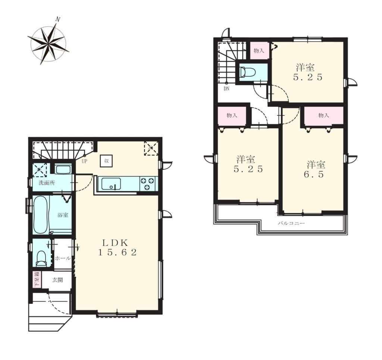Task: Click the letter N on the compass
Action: pyautogui.click(x=58, y=19)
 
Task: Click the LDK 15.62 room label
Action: pyautogui.click(x=117, y=247)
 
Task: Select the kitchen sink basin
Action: pyautogui.click(x=111, y=183)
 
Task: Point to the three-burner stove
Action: pyautogui.click(x=147, y=184)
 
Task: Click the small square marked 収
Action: pyautogui.click(x=106, y=161)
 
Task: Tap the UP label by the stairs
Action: pyautogui.click(x=84, y=161)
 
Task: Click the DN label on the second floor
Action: pyautogui.click(x=226, y=89)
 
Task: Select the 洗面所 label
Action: pyautogui.click(x=47, y=183)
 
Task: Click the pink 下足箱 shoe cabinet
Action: pyautogui.click(x=37, y=280)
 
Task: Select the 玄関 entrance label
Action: pyautogui.click(x=57, y=280)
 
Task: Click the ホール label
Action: pyautogui.click(x=63, y=258)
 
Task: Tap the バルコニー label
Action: pyautogui.click(x=291, y=223)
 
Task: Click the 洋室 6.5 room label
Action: pyautogui.click(x=316, y=170)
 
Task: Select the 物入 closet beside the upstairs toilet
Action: pyautogui.click(x=259, y=50)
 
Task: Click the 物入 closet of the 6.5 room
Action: pyautogui.click(x=323, y=115)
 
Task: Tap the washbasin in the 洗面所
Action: pyautogui.click(x=63, y=170)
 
